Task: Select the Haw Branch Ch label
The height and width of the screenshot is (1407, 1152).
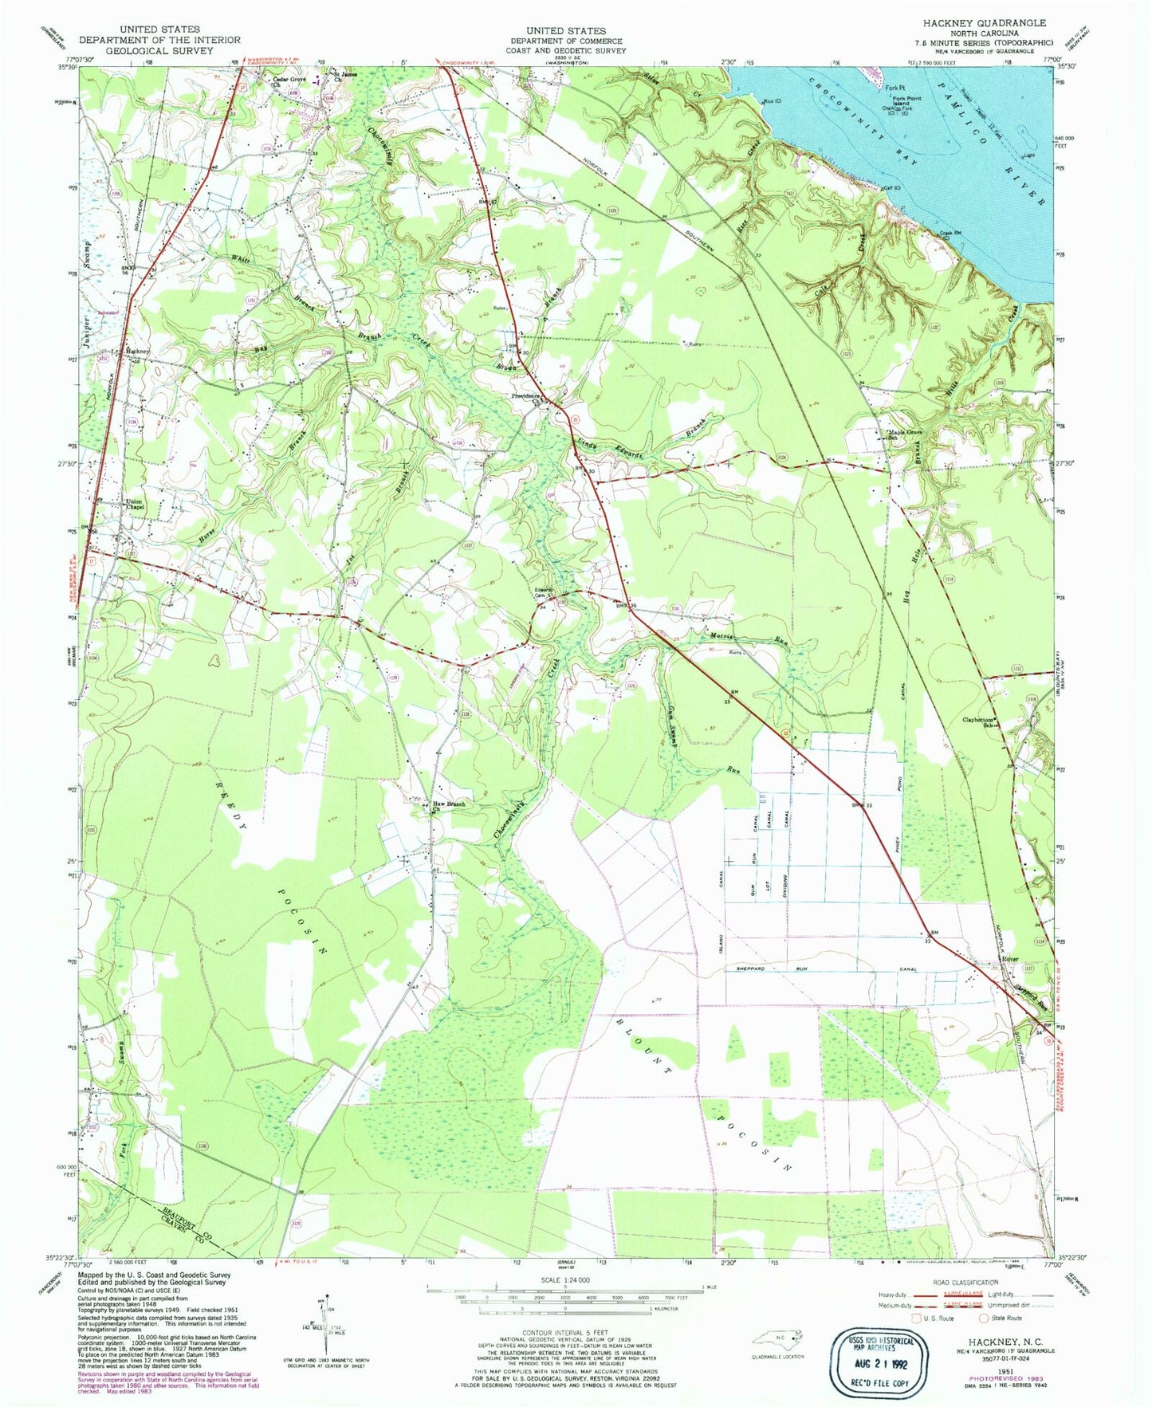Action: click(x=449, y=807)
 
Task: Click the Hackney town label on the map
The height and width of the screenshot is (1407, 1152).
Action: click(x=137, y=351)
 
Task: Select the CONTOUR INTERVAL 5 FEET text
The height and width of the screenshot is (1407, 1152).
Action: click(x=564, y=1332)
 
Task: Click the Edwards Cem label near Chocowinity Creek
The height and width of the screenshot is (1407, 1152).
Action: click(x=544, y=593)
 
